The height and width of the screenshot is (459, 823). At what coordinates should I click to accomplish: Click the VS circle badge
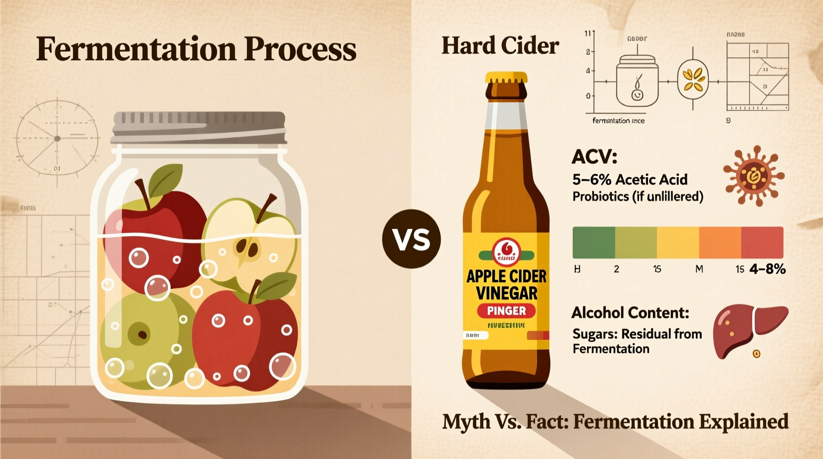pyautogui.click(x=411, y=239)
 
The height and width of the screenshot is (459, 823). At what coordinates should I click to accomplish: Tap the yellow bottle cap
pyautogui.click(x=506, y=78)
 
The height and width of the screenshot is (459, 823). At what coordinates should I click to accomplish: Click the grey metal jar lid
pyautogui.click(x=199, y=128)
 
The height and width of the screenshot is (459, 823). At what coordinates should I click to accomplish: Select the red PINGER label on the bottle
pyautogui.click(x=506, y=311)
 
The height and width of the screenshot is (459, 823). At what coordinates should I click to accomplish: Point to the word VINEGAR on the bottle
pyautogui.click(x=506, y=293)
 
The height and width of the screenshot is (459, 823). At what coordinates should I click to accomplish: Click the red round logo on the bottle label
pyautogui.click(x=506, y=251)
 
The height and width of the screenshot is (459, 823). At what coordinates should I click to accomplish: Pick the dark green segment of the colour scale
pyautogui.click(x=594, y=242)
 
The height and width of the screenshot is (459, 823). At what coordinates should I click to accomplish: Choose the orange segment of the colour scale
pyautogui.click(x=720, y=242)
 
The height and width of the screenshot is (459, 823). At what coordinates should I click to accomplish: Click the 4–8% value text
pyautogui.click(x=767, y=269)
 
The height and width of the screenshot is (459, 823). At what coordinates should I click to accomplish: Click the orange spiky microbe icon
pyautogui.click(x=753, y=176)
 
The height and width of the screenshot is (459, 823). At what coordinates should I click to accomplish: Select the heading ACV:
pyautogui.click(x=594, y=157)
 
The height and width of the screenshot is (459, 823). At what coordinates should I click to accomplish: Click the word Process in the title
pyautogui.click(x=300, y=49)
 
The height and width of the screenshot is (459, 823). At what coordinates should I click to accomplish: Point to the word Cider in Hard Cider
pyautogui.click(x=530, y=46)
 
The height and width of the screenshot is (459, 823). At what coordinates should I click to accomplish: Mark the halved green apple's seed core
pyautogui.click(x=247, y=247)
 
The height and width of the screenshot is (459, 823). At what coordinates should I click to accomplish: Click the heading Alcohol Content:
pyautogui.click(x=630, y=313)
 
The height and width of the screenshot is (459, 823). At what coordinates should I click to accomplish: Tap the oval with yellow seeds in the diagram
pyautogui.click(x=692, y=80)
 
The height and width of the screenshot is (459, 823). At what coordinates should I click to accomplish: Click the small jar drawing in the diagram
pyautogui.click(x=637, y=82)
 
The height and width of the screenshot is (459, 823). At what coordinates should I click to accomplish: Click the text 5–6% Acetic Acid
pyautogui.click(x=630, y=180)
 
